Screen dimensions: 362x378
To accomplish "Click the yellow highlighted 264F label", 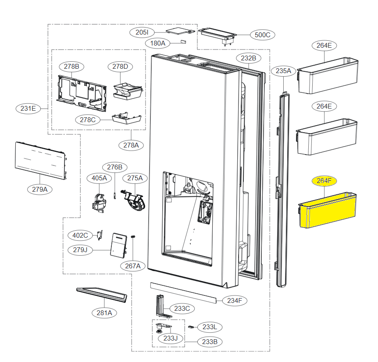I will [324, 180].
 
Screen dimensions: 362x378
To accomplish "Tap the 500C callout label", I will [263, 35].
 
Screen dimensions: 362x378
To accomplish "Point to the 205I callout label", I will [142, 32].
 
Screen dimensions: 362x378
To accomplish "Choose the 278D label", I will [120, 67].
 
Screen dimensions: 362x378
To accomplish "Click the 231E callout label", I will [29, 108].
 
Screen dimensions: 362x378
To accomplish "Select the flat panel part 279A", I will [40, 160].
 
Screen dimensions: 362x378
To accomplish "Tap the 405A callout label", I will [99, 178].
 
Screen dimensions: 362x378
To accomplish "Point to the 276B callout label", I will [115, 167].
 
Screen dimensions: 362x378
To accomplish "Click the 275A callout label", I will [135, 178].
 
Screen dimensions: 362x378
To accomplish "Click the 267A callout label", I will [132, 266].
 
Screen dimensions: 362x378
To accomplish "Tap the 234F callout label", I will [235, 301].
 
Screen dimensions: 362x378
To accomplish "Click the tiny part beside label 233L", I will [191, 327].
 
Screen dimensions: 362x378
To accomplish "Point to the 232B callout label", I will [249, 58].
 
